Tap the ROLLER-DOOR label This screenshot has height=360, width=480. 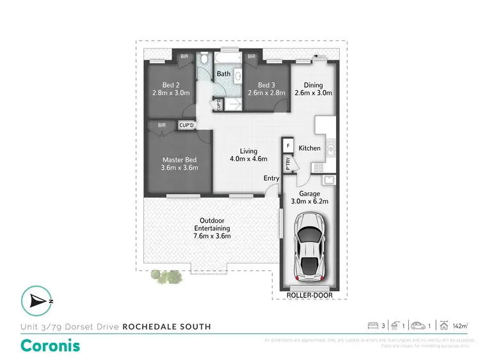coord(308,295)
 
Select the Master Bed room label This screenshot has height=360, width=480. coord(179,160)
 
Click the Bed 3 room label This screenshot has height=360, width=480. coord(266,85)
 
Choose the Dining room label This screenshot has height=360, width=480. coord(313,85)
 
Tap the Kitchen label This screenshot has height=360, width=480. coord(310,148)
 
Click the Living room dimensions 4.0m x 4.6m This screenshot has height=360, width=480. coord(249,159)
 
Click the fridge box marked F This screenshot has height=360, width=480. coord(288,146)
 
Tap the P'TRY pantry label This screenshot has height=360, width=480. coord(288,165)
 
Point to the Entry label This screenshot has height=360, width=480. coord(272,178)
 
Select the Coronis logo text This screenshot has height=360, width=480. coord(51,346)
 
